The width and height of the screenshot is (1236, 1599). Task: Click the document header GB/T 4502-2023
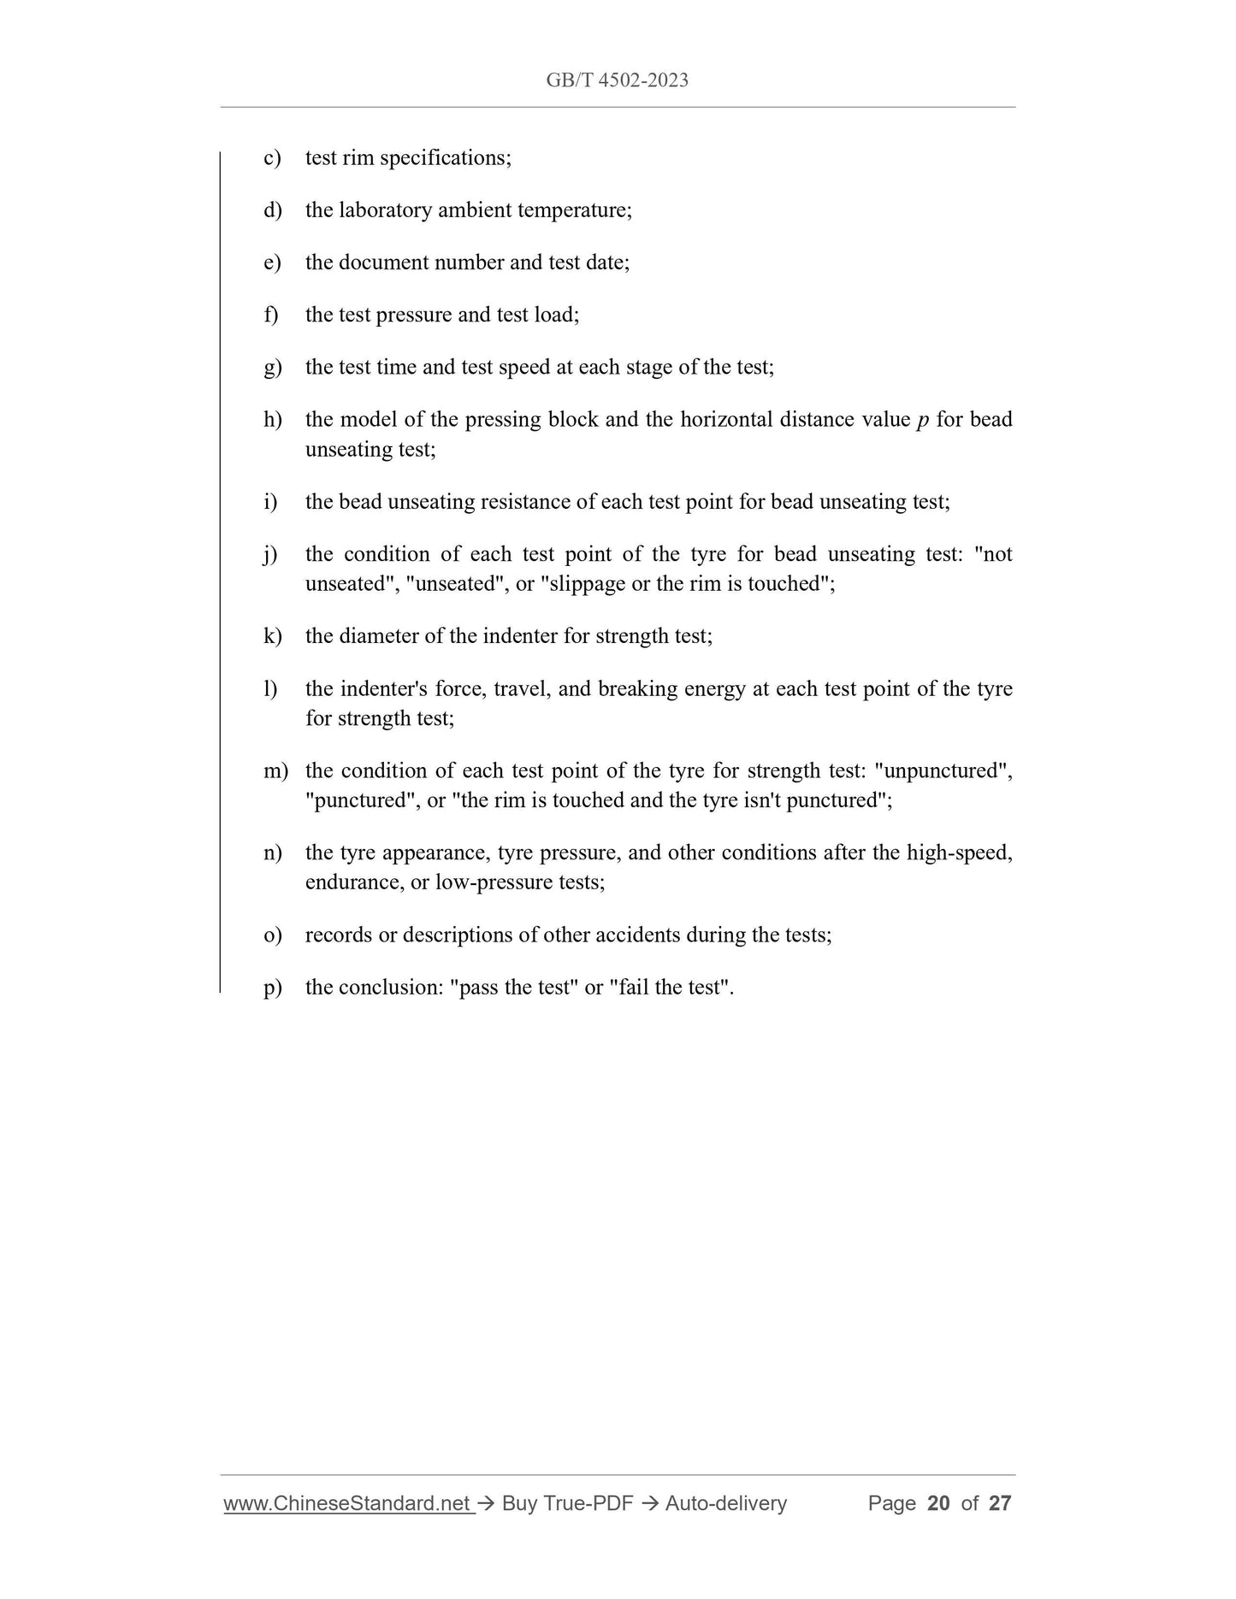click(617, 80)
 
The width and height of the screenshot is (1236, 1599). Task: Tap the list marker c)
click(272, 158)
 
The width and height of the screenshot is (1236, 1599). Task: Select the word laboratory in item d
click(385, 210)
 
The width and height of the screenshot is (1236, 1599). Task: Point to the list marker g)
click(272, 368)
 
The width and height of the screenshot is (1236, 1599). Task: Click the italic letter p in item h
click(923, 421)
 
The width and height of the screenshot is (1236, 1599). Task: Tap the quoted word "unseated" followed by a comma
click(455, 584)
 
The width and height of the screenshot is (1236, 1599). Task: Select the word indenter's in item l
click(383, 689)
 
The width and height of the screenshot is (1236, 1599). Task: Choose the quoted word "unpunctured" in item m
click(943, 771)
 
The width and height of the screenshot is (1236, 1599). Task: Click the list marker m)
click(275, 771)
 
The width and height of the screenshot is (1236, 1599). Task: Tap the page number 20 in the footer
click(938, 1503)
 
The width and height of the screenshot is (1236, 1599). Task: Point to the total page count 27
click(1000, 1503)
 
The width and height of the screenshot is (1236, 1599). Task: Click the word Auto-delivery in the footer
click(725, 1503)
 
